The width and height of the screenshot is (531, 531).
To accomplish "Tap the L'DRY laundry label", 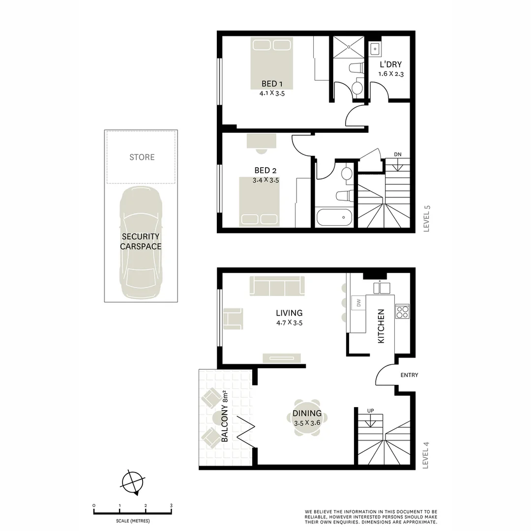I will click(391, 64).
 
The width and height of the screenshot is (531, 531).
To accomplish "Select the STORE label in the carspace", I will click(142, 157).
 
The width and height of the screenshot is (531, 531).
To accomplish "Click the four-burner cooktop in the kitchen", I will click(402, 311).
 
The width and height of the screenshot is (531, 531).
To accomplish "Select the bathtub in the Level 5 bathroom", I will click(334, 217).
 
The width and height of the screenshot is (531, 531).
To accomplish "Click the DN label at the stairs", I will click(398, 154).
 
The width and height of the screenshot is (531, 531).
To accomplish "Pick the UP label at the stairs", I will click(370, 411).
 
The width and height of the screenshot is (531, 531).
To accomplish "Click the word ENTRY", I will click(409, 375).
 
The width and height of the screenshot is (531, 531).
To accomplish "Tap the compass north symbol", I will click(132, 481).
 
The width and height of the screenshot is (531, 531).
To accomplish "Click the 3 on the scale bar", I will click(171, 505).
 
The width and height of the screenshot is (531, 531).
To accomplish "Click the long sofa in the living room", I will click(277, 285).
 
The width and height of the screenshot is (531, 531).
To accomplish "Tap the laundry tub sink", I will click(375, 48).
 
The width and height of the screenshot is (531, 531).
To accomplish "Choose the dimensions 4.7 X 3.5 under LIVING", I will click(289, 323).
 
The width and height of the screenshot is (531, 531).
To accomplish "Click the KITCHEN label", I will click(381, 326).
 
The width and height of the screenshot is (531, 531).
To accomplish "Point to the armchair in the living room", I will click(233, 318).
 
